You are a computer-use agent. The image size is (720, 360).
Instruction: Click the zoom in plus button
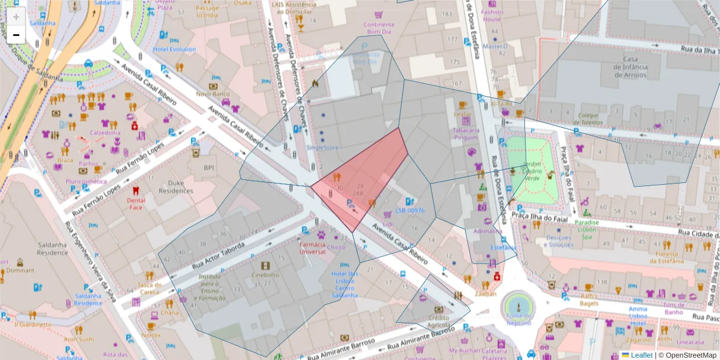[x=16, y=16]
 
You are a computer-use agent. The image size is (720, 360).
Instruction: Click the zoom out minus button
[x=16, y=35]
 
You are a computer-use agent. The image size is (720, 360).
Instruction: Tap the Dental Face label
[x=136, y=204]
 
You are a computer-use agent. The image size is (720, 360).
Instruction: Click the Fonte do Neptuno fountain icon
[x=519, y=307]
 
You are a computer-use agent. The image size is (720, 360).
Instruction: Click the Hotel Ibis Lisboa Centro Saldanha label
[x=344, y=284]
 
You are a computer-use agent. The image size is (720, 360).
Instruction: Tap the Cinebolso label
[x=265, y=275]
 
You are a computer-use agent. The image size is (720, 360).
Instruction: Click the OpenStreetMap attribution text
[x=686, y=355]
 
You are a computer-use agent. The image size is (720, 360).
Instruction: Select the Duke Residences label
[x=176, y=187]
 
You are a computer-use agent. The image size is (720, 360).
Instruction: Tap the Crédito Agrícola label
[x=438, y=321]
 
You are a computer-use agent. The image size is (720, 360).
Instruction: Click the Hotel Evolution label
[x=174, y=49]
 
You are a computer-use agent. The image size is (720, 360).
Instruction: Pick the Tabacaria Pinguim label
[x=466, y=133]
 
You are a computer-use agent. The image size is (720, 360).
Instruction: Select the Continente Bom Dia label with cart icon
[x=379, y=28]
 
